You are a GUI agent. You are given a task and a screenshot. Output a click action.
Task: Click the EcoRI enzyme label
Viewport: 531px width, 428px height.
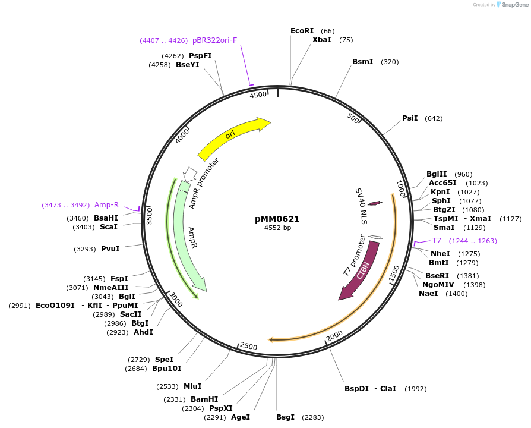tap(302, 30)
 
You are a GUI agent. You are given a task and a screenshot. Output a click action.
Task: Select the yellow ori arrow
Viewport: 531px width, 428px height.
tap(232, 136)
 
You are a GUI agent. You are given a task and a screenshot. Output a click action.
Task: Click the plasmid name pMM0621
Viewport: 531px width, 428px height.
tap(277, 219)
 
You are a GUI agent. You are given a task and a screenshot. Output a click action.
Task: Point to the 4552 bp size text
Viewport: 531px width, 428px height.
tap(277, 228)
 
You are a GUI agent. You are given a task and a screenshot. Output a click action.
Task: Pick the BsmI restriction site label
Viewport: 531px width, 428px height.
tap(362, 61)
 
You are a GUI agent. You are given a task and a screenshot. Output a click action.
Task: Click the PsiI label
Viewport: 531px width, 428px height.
tap(410, 118)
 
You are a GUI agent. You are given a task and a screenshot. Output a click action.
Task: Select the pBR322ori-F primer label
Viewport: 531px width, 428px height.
tap(214, 40)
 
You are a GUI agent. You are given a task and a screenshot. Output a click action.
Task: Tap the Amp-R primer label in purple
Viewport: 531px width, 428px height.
tap(106, 205)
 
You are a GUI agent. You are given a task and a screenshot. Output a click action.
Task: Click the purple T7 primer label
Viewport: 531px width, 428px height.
tap(437, 241)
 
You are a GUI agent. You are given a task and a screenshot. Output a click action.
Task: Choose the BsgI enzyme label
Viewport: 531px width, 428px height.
tap(285, 417)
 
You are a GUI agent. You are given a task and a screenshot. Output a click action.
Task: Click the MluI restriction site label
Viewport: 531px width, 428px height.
tap(192, 386)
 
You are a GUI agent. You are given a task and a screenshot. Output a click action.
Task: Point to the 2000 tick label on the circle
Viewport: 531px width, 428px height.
tap(335, 336)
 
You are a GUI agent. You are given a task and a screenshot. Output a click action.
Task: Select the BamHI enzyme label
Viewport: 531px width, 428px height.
tap(204, 399)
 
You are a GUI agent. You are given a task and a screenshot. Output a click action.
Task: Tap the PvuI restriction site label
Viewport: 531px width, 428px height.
tap(110, 249)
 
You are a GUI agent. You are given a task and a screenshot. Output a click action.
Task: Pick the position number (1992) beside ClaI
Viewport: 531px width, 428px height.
tap(415, 389)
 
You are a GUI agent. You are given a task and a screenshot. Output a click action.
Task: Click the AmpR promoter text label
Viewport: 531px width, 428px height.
tap(204, 184)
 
